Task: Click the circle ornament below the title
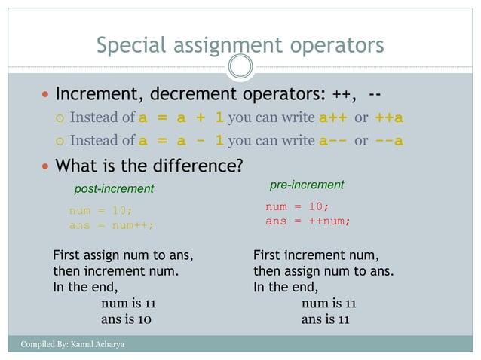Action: click(x=240, y=67)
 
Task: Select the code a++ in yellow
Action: click(x=332, y=118)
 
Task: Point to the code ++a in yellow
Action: click(x=389, y=118)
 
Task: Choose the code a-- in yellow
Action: click(x=332, y=141)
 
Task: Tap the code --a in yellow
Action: click(x=389, y=141)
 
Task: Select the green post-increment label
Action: click(x=114, y=188)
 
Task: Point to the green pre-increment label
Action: click(x=307, y=185)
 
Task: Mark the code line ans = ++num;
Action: click(x=308, y=221)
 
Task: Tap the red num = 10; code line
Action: click(x=297, y=206)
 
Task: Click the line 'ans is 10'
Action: click(x=126, y=319)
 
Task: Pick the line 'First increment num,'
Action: click(x=316, y=255)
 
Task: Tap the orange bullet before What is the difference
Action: click(x=46, y=166)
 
